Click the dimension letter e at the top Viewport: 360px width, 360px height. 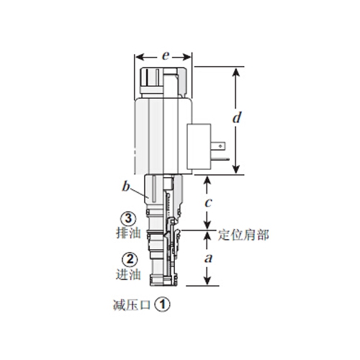[165, 54]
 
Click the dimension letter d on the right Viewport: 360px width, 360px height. [237, 117]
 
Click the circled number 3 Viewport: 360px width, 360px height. [127, 220]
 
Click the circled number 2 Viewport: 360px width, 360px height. [127, 260]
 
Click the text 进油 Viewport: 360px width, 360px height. [126, 273]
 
